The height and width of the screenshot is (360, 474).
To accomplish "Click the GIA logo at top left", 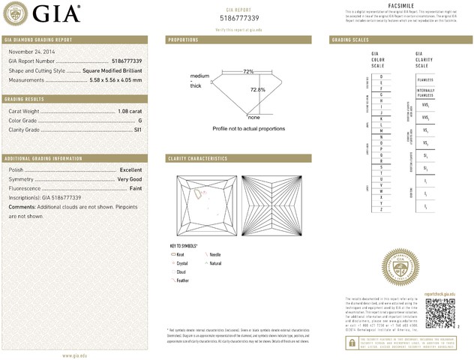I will point(45,13).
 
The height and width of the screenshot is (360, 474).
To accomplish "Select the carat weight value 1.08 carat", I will point(129,110).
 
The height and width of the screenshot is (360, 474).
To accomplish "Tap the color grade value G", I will point(139,120).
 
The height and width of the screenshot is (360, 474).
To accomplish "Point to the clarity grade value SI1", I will point(137,130).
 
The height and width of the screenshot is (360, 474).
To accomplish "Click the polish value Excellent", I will point(130,170).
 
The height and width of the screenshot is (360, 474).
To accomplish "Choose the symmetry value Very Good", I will point(129,179).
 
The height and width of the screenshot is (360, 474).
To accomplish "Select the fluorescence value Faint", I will point(134,188).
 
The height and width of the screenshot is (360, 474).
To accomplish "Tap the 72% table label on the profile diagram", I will point(248,71).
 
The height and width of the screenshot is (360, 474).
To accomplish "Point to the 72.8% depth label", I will point(257,90).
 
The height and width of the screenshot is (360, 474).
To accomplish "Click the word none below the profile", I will point(253,118).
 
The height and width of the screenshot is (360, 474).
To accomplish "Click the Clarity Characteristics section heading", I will point(198,159).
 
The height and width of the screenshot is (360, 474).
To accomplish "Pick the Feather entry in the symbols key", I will point(182,280).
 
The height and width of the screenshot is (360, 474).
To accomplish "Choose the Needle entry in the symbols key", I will point(215,256).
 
